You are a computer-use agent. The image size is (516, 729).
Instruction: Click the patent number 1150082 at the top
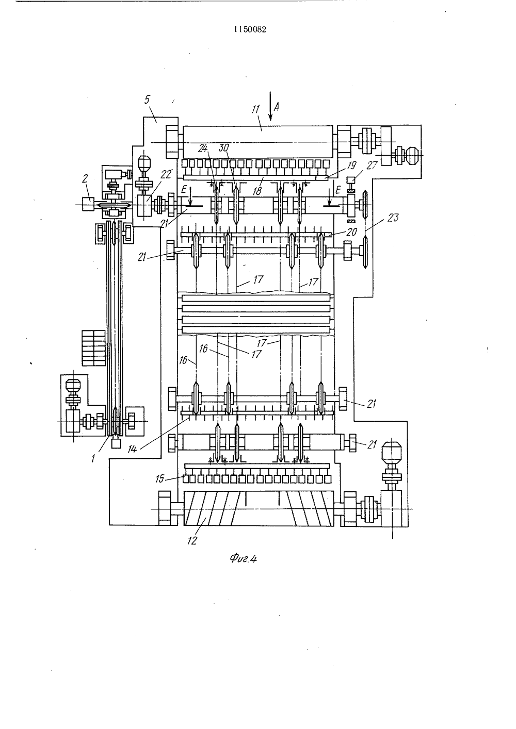click(250, 29)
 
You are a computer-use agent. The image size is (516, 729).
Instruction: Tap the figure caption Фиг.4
click(243, 558)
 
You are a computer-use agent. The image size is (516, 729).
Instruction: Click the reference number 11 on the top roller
click(255, 110)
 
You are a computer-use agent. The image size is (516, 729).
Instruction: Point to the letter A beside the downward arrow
click(276, 107)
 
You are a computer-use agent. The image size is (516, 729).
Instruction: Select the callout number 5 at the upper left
click(147, 100)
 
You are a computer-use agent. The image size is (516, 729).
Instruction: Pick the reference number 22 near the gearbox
click(166, 175)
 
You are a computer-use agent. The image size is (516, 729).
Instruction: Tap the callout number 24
click(203, 148)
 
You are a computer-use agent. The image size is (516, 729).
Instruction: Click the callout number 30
click(223, 148)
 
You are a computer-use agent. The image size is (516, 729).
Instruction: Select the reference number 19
click(351, 165)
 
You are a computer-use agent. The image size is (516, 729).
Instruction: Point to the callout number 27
click(372, 165)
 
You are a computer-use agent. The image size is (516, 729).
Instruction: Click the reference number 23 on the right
click(393, 218)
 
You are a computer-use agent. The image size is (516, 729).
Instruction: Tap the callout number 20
click(352, 231)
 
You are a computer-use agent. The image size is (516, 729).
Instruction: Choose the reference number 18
click(257, 191)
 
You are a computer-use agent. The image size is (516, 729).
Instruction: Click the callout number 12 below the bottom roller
click(192, 541)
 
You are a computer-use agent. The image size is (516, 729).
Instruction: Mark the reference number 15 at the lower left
click(159, 479)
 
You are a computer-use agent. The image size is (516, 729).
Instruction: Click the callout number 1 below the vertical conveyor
click(93, 458)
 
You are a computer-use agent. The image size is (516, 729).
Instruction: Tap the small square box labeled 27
click(351, 180)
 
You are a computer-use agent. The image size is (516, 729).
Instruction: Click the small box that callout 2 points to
click(88, 204)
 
